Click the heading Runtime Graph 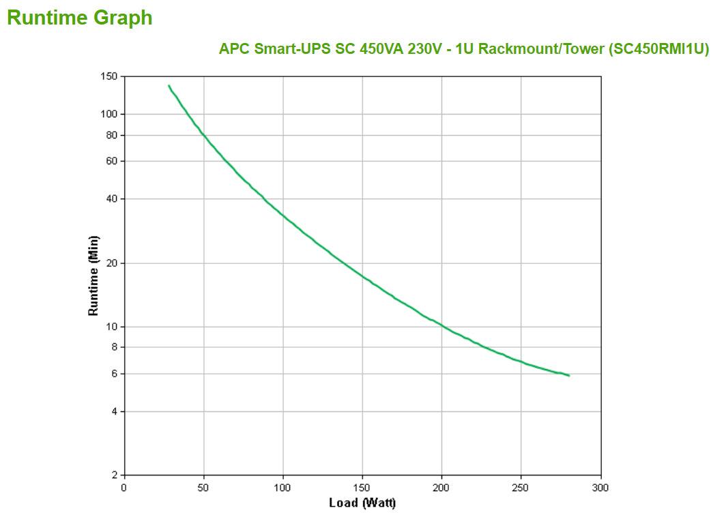pos(80,18)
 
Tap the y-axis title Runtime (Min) pos(93,276)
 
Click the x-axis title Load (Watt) pos(362,503)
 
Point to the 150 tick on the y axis pos(110,76)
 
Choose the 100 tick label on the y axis pos(110,114)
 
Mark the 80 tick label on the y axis pos(112,135)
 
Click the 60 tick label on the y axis pos(112,161)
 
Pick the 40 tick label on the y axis pos(112,199)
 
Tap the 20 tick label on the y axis pos(112,263)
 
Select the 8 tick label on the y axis pos(114,347)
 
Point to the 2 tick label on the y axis pos(114,475)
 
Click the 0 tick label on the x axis pos(124,488)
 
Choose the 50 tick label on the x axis pos(203,488)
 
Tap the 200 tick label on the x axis pos(441,488)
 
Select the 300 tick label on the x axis pos(600,488)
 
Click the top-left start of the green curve pos(169,86)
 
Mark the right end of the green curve pos(568,375)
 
